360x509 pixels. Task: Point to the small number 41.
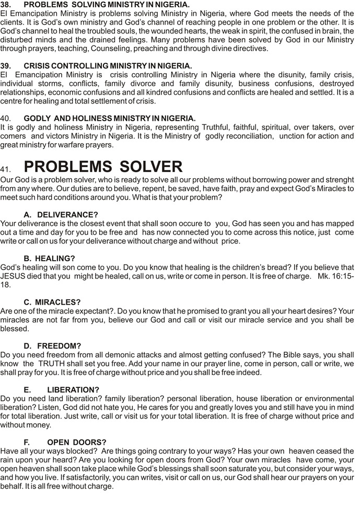click(x=6, y=169)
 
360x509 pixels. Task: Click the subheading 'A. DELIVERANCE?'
click(x=61, y=214)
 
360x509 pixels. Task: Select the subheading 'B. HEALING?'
click(x=50, y=258)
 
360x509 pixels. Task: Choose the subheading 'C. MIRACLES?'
click(x=52, y=302)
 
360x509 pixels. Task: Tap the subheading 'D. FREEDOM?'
click(x=52, y=346)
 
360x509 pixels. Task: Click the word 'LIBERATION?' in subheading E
click(x=73, y=390)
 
